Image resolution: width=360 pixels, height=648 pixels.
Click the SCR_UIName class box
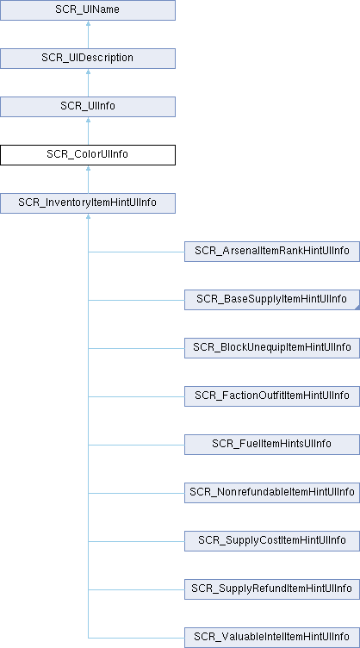[x=88, y=10]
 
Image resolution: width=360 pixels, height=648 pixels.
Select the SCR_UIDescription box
[x=88, y=59]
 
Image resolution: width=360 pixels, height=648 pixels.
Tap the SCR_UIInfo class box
[x=88, y=107]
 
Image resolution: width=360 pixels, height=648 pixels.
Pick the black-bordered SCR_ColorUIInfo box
[x=88, y=155]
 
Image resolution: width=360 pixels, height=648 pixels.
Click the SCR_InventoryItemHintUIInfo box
[x=88, y=203]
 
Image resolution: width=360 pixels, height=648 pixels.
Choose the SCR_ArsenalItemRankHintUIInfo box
[x=272, y=252]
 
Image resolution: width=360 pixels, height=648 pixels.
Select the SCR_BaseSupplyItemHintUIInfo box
[x=272, y=300]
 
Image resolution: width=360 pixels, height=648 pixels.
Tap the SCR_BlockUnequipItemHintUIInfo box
[x=272, y=348]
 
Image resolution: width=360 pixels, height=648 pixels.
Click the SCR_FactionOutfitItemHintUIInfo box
[x=272, y=396]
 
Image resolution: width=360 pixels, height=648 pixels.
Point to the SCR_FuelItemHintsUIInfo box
[x=272, y=445]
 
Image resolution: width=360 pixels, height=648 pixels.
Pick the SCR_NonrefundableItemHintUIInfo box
[x=272, y=493]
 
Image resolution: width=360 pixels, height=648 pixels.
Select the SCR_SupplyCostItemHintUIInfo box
[x=272, y=541]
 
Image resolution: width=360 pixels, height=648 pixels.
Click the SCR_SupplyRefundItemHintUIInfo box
[x=272, y=589]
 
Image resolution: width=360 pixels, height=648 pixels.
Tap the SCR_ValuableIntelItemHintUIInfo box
[x=272, y=638]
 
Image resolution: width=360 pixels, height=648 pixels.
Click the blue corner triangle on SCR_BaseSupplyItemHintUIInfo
[x=357, y=308]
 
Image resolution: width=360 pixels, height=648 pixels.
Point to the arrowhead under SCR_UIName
[x=88, y=23]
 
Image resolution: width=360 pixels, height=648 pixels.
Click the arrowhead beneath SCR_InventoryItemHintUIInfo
[x=88, y=216]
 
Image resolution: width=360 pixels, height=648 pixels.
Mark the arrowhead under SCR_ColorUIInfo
[x=88, y=168]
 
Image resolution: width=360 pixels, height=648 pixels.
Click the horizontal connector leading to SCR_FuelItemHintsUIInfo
[x=136, y=445]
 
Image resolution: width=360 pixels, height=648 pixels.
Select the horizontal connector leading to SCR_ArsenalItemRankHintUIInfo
[x=136, y=252]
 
